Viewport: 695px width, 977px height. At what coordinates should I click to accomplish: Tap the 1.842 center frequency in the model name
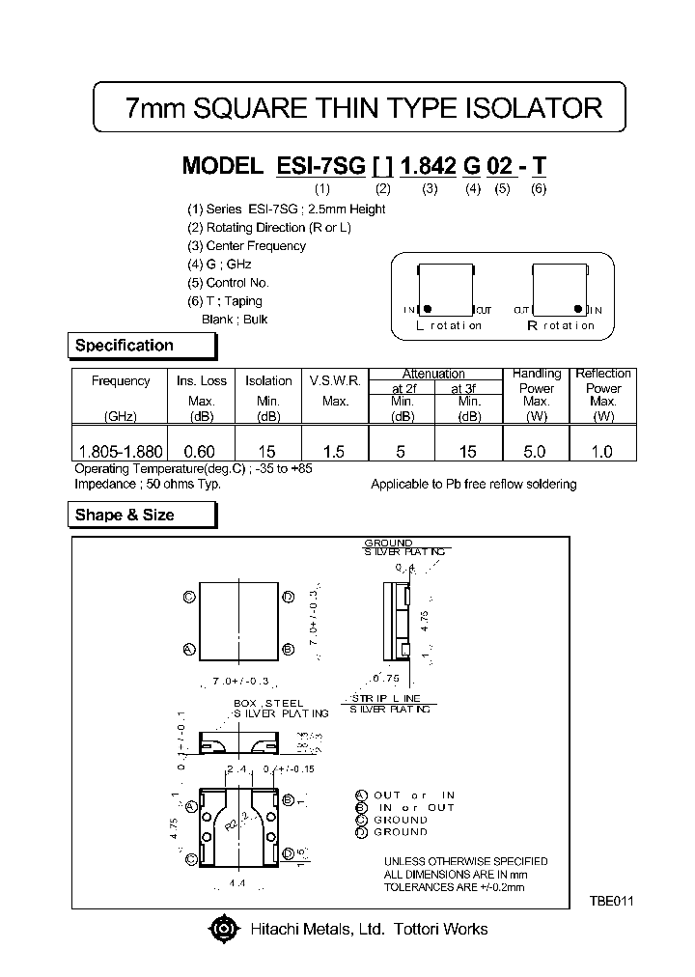429,165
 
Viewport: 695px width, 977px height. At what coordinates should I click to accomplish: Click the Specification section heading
125,346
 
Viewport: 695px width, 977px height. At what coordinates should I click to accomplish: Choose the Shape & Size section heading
125,516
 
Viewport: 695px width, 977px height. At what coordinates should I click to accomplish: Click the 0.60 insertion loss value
200,451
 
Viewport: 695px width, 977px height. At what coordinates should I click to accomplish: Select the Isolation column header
268,381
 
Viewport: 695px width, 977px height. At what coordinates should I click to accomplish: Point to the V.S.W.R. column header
335,381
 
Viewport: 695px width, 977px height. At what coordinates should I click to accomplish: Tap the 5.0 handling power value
535,451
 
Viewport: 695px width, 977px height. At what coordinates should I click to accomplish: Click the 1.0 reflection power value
603,451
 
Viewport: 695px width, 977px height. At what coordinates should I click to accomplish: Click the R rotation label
560,326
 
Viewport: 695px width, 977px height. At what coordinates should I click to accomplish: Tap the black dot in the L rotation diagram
428,309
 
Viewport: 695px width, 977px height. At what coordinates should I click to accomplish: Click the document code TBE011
612,900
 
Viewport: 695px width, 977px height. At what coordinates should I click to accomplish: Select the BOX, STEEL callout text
269,703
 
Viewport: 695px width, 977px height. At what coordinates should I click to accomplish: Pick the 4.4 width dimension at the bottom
236,883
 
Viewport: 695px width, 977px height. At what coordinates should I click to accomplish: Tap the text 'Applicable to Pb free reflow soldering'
473,485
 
